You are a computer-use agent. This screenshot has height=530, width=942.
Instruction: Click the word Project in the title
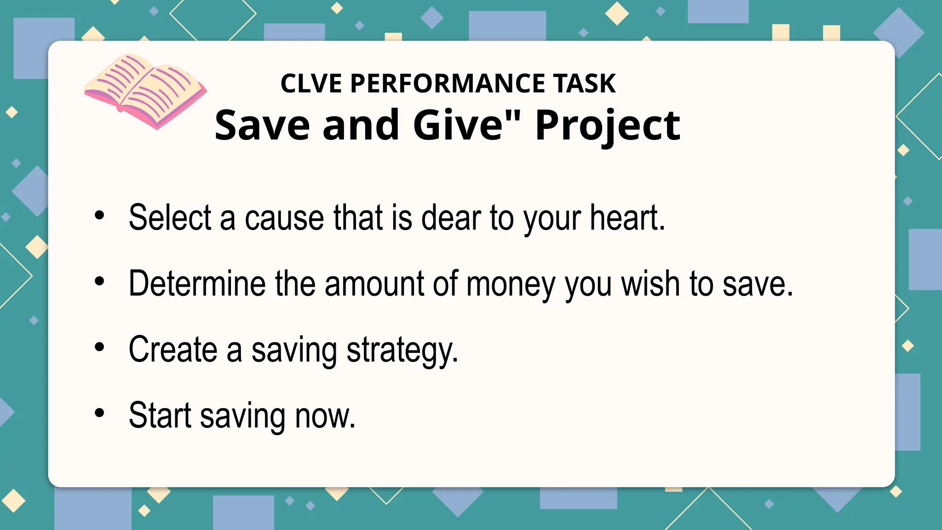[x=608, y=126]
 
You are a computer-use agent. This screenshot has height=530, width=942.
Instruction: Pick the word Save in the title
[x=262, y=125]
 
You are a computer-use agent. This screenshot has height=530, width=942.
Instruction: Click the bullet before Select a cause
[x=99, y=215]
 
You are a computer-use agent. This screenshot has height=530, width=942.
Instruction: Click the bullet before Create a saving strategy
[x=99, y=347]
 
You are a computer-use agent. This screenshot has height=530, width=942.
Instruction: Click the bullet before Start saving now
[x=99, y=413]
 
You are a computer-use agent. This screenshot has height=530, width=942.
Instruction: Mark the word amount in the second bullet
[x=374, y=283]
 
